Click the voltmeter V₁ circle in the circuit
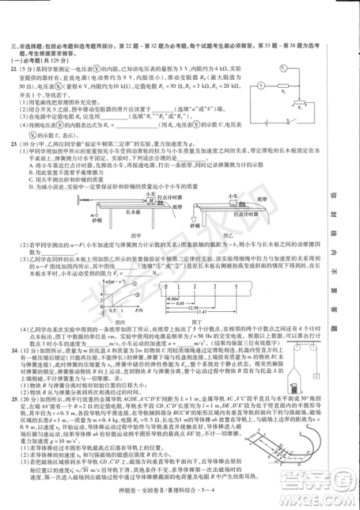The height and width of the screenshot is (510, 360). pyautogui.click(x=263, y=70)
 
